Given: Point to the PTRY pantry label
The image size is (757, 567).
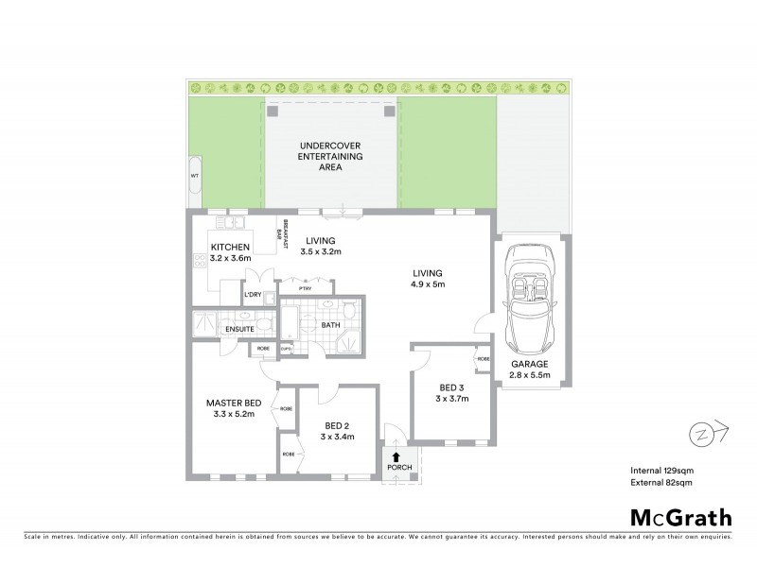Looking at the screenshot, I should click(306, 289).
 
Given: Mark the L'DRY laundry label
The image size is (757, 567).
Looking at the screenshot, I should click(252, 296).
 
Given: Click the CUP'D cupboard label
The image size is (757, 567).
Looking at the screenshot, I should click(285, 350).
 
